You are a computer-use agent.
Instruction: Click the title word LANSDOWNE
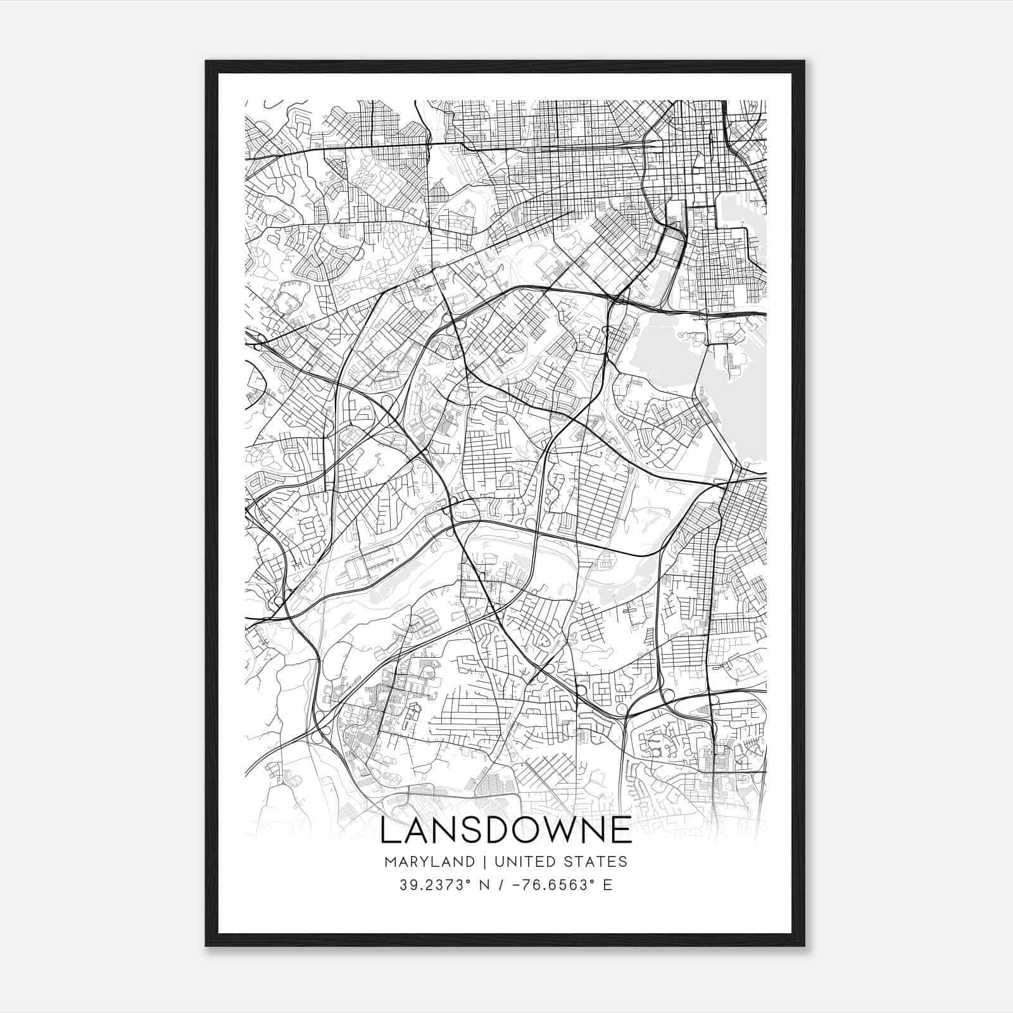[506, 830]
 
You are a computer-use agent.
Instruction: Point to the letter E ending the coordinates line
[608, 884]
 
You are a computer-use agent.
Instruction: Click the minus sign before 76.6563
[524, 884]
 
